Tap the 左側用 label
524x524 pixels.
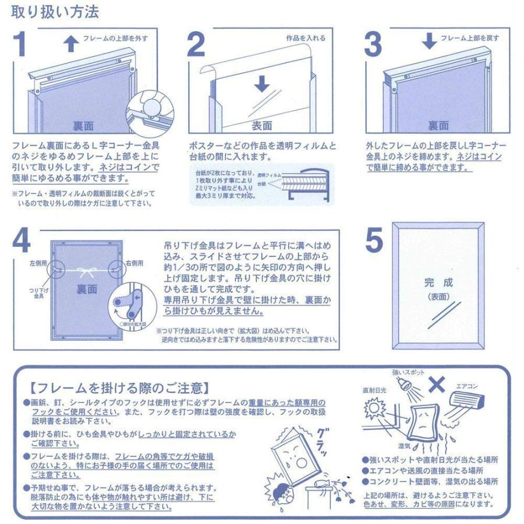38,263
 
